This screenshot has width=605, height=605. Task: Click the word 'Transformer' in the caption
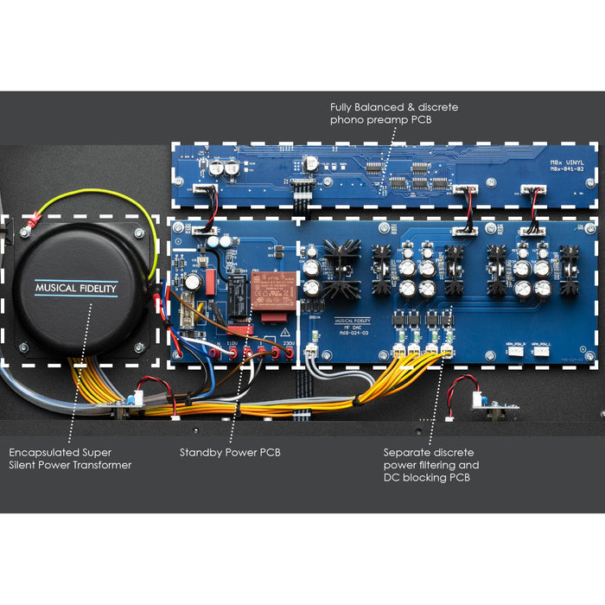(x=103, y=465)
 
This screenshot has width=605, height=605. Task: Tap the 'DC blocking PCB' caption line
(x=427, y=478)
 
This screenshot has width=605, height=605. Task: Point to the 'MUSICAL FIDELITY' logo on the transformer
(x=76, y=288)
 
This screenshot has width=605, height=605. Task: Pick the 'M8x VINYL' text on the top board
(x=568, y=162)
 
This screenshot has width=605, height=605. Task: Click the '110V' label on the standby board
(x=232, y=343)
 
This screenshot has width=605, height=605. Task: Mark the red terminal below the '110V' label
(x=232, y=353)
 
